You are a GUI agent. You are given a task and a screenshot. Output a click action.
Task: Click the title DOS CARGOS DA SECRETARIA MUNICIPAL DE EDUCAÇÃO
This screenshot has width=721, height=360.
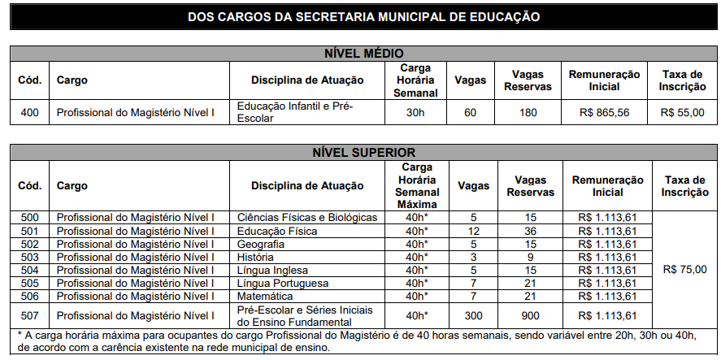click(363, 16)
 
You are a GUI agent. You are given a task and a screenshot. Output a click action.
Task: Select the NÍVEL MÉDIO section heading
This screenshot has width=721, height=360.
click(363, 54)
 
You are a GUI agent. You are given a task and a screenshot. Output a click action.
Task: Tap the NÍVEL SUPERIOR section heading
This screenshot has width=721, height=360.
click(363, 152)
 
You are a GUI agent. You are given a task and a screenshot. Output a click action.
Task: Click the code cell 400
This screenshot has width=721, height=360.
click(28, 112)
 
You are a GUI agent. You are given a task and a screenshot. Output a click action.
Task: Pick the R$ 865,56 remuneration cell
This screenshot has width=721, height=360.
click(605, 112)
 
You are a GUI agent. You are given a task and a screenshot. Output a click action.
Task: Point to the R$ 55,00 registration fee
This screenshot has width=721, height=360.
click(682, 112)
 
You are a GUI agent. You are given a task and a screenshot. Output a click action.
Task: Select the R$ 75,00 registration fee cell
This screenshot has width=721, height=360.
click(684, 269)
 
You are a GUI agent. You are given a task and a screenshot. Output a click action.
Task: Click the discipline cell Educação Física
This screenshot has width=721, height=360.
click(277, 231)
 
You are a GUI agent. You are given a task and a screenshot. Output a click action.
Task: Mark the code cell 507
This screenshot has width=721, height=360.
click(28, 315)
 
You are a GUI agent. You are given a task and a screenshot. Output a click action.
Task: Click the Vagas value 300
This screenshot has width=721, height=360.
click(473, 315)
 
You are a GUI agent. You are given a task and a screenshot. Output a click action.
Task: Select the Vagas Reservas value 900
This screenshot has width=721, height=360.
click(530, 315)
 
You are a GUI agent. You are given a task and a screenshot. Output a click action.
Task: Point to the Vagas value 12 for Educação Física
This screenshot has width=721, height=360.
click(473, 231)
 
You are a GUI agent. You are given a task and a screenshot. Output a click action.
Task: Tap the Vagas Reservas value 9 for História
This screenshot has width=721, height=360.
click(530, 257)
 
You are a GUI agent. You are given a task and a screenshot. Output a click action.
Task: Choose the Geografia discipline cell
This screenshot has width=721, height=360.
click(261, 244)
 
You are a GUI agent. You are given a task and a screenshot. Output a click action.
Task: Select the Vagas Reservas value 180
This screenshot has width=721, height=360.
click(528, 112)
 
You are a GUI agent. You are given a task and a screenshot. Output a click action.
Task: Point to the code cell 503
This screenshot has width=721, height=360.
click(28, 257)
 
